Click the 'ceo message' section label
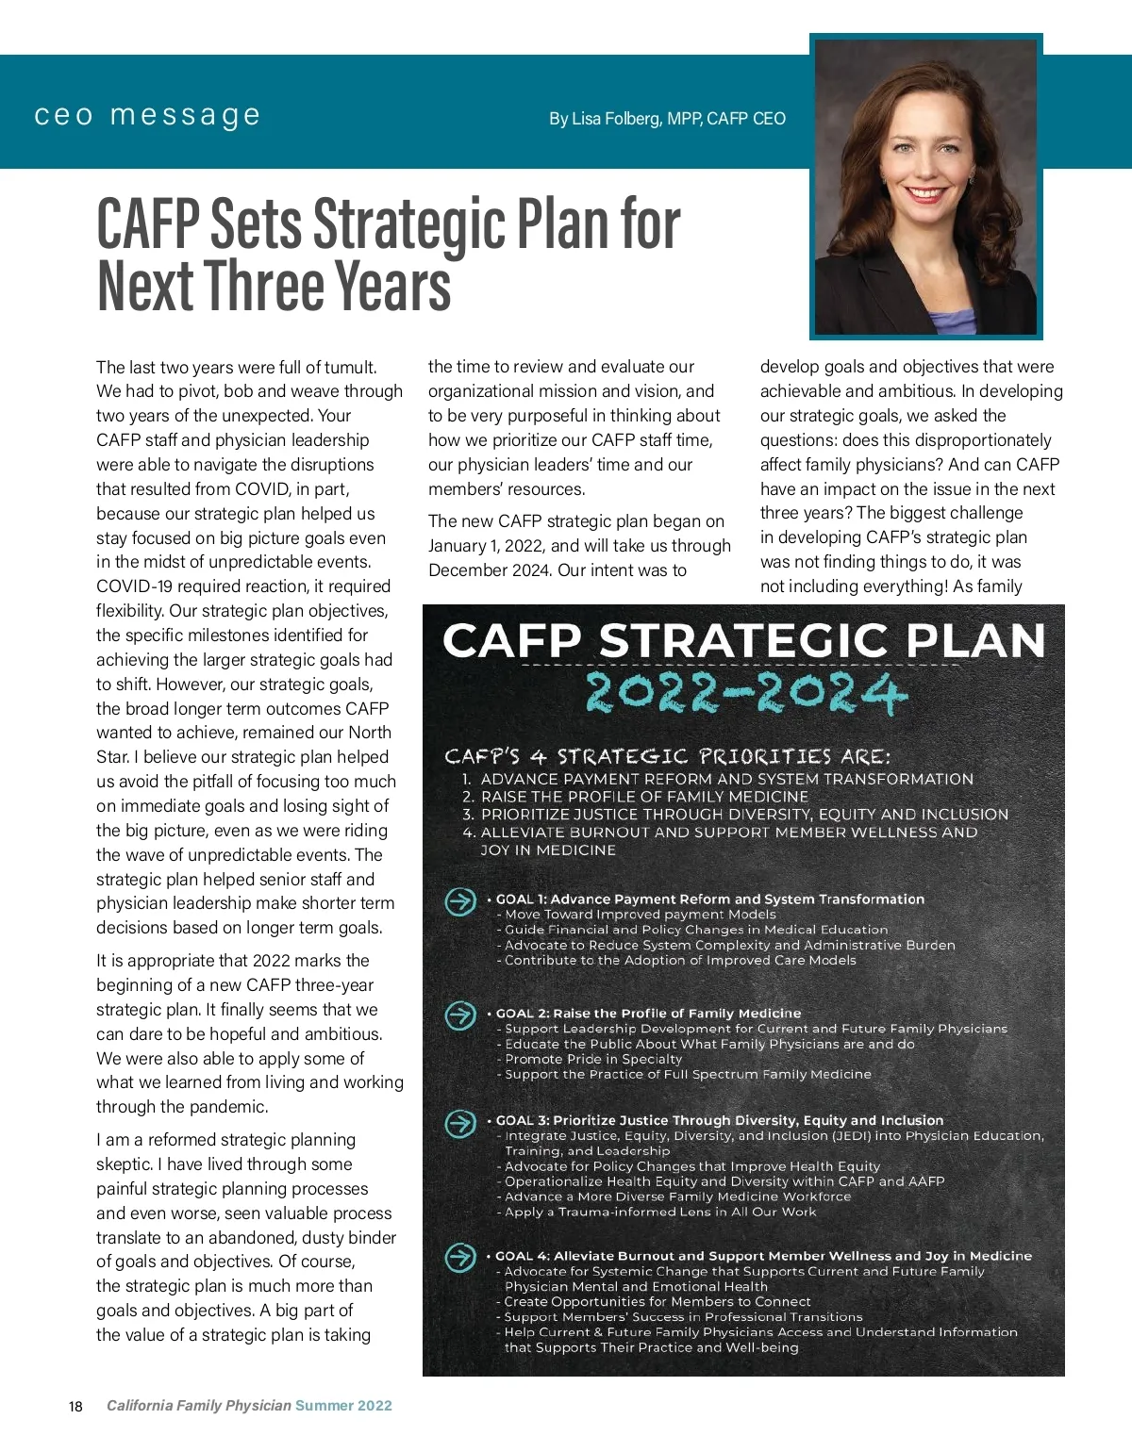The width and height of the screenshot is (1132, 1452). click(x=147, y=116)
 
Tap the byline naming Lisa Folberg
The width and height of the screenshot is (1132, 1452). click(x=667, y=119)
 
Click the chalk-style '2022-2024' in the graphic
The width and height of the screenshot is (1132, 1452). click(x=745, y=694)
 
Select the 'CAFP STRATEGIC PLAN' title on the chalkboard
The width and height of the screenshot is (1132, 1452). click(x=743, y=641)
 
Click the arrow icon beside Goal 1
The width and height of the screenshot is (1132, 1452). click(x=460, y=901)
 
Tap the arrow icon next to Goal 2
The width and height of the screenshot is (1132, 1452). click(x=460, y=1015)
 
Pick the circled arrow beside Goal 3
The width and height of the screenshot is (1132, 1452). click(x=460, y=1123)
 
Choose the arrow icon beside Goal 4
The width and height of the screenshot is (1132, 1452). click(x=460, y=1258)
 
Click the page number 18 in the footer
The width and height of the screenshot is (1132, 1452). click(x=75, y=1407)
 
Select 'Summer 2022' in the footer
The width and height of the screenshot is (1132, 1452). click(x=343, y=1406)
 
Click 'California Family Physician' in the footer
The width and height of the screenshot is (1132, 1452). click(x=199, y=1406)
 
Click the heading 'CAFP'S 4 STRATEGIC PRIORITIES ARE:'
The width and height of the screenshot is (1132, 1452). click(x=668, y=756)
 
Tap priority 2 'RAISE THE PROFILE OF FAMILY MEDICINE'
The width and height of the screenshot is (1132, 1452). click(x=644, y=797)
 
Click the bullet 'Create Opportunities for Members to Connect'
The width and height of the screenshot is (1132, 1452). click(x=657, y=1302)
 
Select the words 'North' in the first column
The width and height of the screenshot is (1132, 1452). click(x=369, y=733)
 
